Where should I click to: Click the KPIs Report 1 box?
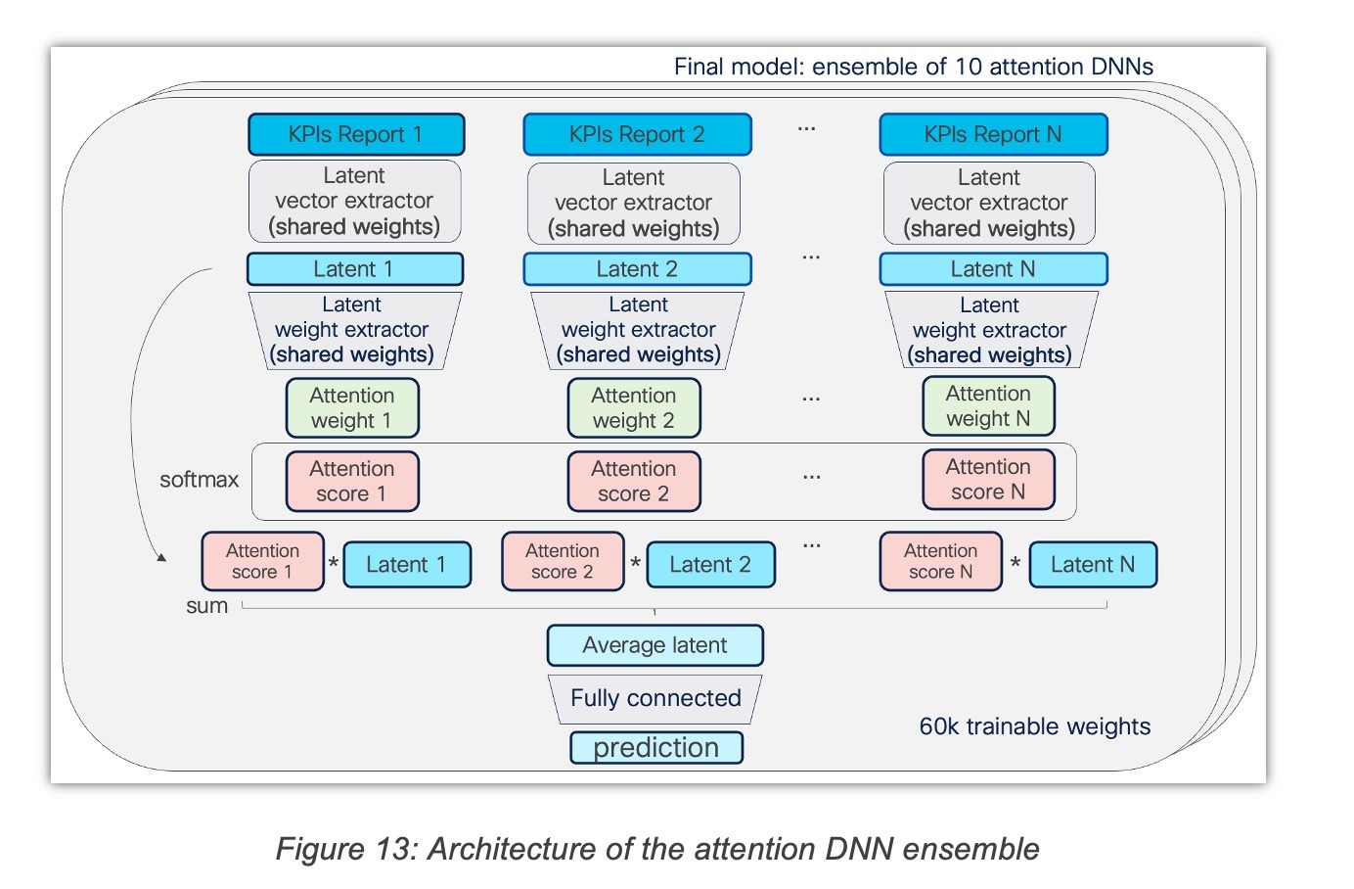point(356,134)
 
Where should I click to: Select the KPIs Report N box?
point(993,134)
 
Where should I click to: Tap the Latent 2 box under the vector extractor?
point(637,269)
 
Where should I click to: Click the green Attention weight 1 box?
point(352,407)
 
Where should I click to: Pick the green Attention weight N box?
point(988,405)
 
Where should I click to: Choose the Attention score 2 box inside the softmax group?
point(634,482)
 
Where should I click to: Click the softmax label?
point(199,480)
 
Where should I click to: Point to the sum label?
point(206,605)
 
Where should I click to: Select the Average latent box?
point(655,645)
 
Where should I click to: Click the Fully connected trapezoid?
point(655,699)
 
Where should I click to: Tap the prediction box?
point(656,748)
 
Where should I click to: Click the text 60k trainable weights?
point(1035,726)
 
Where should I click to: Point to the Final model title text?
point(914,67)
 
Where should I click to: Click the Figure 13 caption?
point(657,849)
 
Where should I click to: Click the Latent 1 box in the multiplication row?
point(407,564)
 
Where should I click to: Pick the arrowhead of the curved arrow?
point(161,558)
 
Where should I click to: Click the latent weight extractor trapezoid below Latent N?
point(991,330)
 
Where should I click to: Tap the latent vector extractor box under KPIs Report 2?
point(634,204)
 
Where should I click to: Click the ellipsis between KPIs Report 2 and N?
point(806,129)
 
